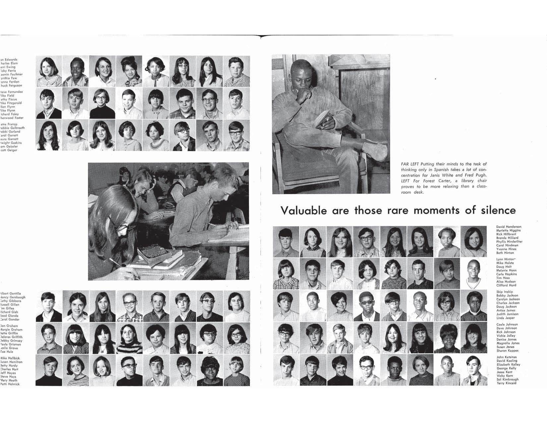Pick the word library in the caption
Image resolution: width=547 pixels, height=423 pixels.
464,181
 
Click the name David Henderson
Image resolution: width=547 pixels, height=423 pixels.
509,227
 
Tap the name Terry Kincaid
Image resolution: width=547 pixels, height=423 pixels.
506,383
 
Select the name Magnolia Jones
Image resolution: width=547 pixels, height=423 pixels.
508,343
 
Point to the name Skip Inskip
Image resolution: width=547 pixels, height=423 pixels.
505,292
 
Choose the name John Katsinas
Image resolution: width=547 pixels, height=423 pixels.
506,357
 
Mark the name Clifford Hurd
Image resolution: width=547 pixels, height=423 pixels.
506,285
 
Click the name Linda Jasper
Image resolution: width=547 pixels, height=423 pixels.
505,318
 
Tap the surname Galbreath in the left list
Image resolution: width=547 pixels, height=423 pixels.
17,128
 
